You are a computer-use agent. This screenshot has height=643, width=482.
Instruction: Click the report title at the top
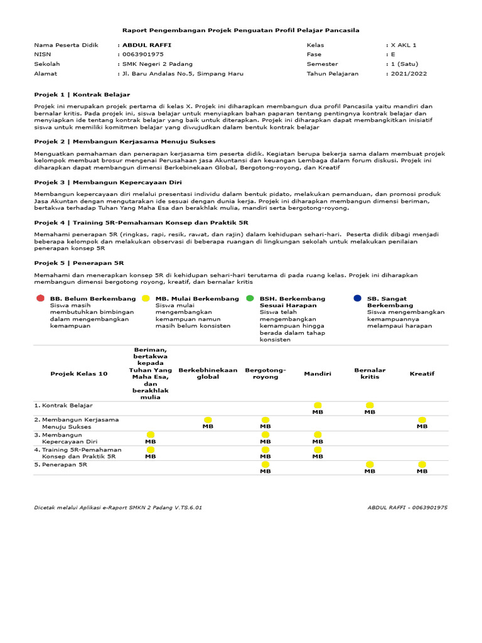pyautogui.click(x=240, y=30)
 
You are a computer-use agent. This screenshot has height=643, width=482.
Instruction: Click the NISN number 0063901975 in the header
pyautogui.click(x=142, y=55)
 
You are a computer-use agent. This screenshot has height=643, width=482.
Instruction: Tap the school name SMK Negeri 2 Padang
pyautogui.click(x=157, y=64)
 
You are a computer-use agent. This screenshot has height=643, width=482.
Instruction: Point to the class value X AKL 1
pyautogui.click(x=404, y=45)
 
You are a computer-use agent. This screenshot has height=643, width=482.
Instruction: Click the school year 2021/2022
pyautogui.click(x=409, y=73)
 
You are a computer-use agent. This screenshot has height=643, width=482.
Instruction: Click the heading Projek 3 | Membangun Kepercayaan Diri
pyautogui.click(x=103, y=181)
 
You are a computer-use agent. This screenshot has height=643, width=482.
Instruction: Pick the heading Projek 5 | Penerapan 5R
pyautogui.click(x=78, y=262)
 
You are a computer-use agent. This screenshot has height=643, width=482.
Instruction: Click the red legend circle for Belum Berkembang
pyautogui.click(x=40, y=298)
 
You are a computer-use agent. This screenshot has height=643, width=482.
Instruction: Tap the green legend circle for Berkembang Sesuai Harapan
pyautogui.click(x=250, y=298)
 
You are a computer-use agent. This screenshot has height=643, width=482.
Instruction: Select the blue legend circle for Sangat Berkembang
pyautogui.click(x=357, y=298)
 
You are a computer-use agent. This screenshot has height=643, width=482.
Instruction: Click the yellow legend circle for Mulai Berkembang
pyautogui.click(x=146, y=298)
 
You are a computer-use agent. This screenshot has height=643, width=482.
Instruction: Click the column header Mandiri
pyautogui.click(x=318, y=374)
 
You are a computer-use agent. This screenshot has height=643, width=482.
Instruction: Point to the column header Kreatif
pyautogui.click(x=422, y=374)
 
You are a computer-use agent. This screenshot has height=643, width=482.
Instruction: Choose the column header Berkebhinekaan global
pyautogui.click(x=208, y=374)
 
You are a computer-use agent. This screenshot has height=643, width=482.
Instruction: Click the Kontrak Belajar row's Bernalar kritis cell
pyautogui.click(x=370, y=408)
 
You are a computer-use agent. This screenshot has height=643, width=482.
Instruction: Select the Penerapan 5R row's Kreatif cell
pyautogui.click(x=422, y=467)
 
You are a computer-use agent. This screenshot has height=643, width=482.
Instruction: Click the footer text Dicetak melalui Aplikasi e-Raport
pyautogui.click(x=118, y=507)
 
